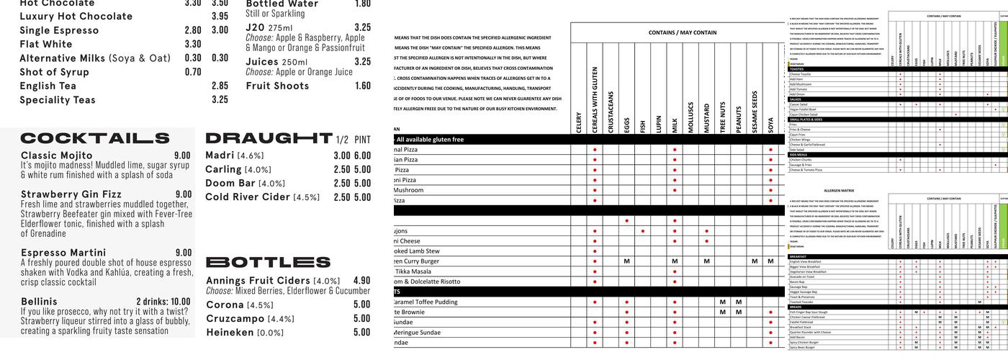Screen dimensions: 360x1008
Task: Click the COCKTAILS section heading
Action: pyautogui.click(x=95, y=138)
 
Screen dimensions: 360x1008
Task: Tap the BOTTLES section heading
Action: pyautogui.click(x=268, y=262)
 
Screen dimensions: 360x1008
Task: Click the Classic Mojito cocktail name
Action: pyautogui.click(x=57, y=155)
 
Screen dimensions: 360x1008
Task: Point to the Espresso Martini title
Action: pyautogui.click(x=63, y=253)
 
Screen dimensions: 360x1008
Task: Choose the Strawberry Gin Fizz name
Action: pyautogui.click(x=71, y=194)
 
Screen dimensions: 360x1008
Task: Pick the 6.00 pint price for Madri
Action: pyautogui.click(x=362, y=156)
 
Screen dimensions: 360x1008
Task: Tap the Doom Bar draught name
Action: pyautogui.click(x=230, y=184)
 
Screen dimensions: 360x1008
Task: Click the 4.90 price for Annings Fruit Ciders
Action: pyautogui.click(x=361, y=281)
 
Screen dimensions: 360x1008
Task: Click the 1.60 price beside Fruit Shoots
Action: pyautogui.click(x=363, y=86)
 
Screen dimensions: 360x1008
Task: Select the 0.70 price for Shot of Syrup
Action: pyautogui.click(x=193, y=72)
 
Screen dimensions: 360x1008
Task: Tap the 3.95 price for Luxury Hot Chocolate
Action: pyautogui.click(x=220, y=17)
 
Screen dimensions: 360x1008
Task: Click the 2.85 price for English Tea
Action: pyautogui.click(x=220, y=86)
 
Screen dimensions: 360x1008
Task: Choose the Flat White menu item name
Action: pyautogui.click(x=46, y=45)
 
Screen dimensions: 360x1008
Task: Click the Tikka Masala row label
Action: pyautogui.click(x=413, y=271)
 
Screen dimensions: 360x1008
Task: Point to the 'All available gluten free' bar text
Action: pyautogui.click(x=430, y=140)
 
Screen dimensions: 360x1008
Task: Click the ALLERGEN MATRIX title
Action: pyautogui.click(x=839, y=191)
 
